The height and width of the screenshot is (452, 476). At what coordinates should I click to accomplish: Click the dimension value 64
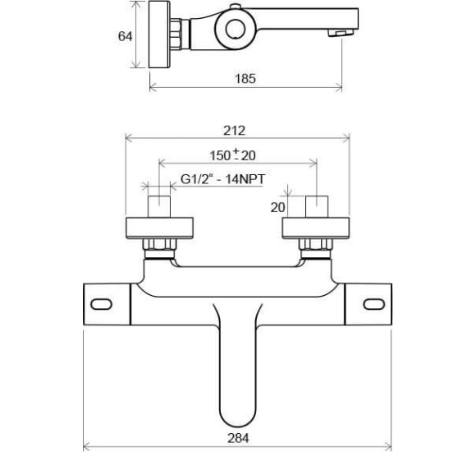click(x=125, y=36)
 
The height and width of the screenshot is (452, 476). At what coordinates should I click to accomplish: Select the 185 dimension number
click(x=245, y=79)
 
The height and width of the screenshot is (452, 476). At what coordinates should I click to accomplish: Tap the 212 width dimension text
click(x=234, y=131)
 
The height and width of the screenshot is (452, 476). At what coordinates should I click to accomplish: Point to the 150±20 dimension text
click(x=233, y=155)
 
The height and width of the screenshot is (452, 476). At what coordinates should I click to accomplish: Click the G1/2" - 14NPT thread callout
click(x=223, y=179)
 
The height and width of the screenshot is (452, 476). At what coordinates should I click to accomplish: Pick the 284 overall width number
click(x=238, y=438)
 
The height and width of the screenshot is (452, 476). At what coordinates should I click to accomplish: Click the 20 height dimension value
click(x=277, y=208)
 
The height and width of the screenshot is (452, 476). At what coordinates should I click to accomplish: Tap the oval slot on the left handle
click(x=102, y=304)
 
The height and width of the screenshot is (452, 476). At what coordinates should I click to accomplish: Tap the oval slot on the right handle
click(x=374, y=304)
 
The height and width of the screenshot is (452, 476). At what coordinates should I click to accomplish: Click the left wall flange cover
click(x=159, y=228)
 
